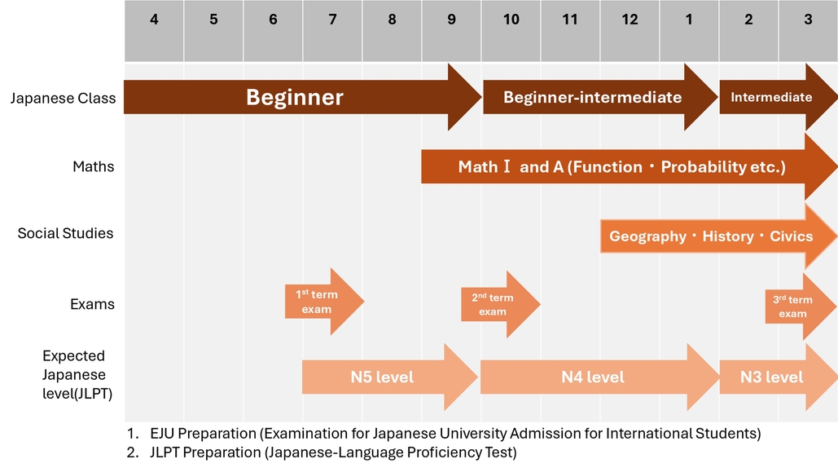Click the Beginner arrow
tap(295, 98)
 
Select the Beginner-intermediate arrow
tap(593, 98)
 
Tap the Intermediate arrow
tap(771, 98)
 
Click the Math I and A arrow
tap(621, 167)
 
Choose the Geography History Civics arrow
tap(711, 236)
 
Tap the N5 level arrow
tap(383, 377)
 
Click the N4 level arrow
tap(593, 377)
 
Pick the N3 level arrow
tap(772, 377)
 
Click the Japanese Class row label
tap(63, 99)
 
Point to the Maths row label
tap(93, 167)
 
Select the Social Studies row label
tap(65, 234)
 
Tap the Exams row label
tap(92, 305)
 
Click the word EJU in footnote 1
tap(164, 434)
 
